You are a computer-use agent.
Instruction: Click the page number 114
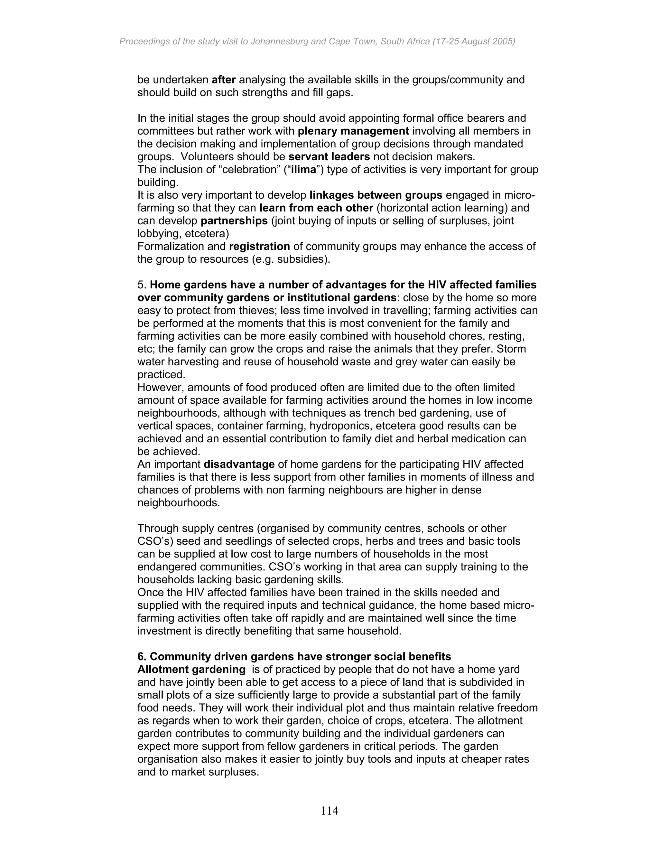tap(329, 811)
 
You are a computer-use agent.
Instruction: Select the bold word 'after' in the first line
tap(224, 80)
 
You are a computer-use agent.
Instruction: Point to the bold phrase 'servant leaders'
tap(329, 157)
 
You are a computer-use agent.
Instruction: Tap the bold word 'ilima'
tap(304, 170)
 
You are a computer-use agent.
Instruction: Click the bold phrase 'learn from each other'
tap(316, 208)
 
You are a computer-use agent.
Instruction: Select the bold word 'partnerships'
tap(234, 221)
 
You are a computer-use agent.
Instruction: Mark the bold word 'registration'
tap(259, 247)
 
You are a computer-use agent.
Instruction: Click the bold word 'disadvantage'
tap(239, 464)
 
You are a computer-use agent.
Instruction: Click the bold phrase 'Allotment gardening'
tap(191, 670)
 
